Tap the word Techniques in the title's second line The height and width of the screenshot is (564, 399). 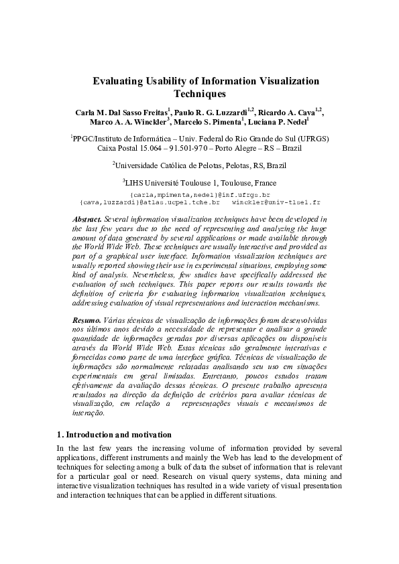coord(200,94)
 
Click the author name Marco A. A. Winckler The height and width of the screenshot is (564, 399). coord(129,123)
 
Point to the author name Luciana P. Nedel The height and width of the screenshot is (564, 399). coord(277,123)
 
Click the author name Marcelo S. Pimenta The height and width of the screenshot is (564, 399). coord(207,123)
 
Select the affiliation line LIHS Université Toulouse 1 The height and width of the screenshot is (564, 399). coord(201,182)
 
